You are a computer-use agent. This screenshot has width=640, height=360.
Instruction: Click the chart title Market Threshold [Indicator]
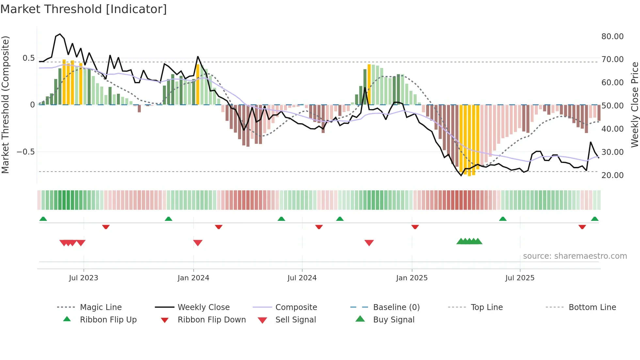(x=84, y=9)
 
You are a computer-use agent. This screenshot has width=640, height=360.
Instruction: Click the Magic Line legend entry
(x=101, y=307)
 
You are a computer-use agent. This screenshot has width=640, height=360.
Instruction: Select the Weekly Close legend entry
(x=203, y=307)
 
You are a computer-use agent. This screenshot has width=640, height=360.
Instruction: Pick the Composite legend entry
(x=296, y=307)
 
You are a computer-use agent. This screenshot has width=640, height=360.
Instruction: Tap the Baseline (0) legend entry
(x=396, y=307)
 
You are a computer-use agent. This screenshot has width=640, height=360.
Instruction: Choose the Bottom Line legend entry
(x=592, y=307)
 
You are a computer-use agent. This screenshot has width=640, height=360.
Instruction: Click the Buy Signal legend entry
(x=393, y=319)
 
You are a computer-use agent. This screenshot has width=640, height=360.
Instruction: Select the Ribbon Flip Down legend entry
(x=211, y=319)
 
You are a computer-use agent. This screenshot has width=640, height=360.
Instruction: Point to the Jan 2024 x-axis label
(x=193, y=278)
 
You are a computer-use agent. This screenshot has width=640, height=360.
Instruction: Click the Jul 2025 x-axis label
(x=520, y=278)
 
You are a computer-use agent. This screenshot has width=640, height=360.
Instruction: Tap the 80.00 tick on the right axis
(x=612, y=37)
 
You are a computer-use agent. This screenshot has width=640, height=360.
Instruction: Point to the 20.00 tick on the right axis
(x=612, y=175)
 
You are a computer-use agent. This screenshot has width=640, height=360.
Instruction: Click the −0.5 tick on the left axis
(x=25, y=152)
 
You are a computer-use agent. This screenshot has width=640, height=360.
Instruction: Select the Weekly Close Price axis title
(x=634, y=105)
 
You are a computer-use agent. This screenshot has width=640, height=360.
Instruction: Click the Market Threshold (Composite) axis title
(x=5, y=105)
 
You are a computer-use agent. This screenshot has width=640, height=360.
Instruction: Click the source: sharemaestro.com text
(x=575, y=256)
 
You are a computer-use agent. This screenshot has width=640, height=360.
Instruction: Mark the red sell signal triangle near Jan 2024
(x=198, y=243)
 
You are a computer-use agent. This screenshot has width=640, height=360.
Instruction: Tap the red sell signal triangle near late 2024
(x=369, y=243)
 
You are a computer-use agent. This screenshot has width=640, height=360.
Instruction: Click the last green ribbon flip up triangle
(x=595, y=219)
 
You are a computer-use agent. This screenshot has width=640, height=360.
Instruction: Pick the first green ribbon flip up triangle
(x=43, y=219)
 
